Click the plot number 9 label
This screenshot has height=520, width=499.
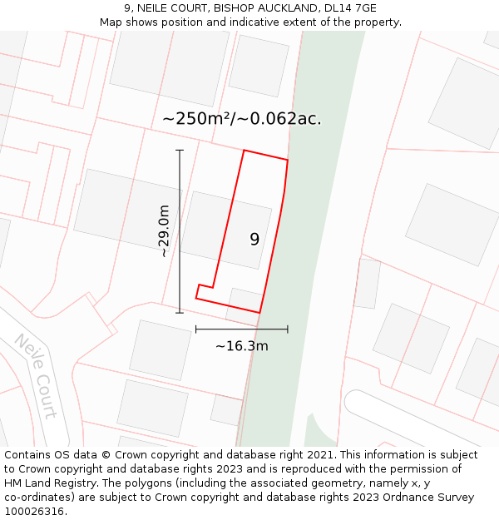[x=254, y=240]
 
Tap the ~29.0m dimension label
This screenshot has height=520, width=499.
[x=164, y=231]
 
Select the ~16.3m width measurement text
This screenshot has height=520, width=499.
[x=241, y=345]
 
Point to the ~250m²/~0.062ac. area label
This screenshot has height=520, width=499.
[x=242, y=119]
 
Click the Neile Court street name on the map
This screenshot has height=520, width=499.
[x=36, y=376]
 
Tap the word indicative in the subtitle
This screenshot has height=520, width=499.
[x=251, y=22]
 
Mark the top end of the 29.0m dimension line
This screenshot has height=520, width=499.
[x=180, y=150]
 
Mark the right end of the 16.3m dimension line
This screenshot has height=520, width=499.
[x=288, y=329]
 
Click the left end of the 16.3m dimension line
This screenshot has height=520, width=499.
[x=195, y=329]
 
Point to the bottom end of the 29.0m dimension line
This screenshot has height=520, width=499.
[x=180, y=313]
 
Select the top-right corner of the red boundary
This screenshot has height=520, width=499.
[x=288, y=160]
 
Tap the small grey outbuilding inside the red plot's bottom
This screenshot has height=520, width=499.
[x=244, y=300]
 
